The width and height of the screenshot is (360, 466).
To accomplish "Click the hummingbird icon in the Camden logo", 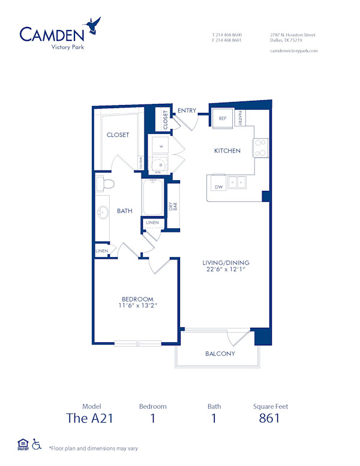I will coord(93,25).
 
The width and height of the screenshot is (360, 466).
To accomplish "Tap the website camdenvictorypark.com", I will coord(293,51).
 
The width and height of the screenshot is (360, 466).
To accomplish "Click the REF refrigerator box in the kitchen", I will coord(222,119).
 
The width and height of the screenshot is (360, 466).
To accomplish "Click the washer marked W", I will coord(161,146).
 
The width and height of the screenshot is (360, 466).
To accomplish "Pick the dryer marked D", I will coord(161,164).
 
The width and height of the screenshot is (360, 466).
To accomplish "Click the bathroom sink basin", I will coord(102,211).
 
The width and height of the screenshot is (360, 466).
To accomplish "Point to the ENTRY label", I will coord(187,110).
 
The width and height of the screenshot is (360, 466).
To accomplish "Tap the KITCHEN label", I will coord(227,151).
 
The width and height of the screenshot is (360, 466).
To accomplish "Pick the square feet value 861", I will coord(269,418).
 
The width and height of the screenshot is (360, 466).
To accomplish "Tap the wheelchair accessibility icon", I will coord(37,445).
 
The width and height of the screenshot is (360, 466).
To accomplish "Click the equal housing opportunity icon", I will coord(22,445).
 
